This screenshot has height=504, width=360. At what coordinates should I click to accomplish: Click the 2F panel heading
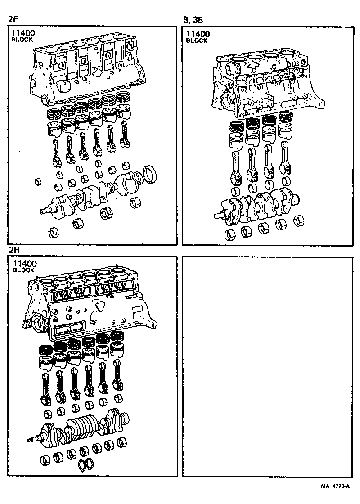(x=13, y=19)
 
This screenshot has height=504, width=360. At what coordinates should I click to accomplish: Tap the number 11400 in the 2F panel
(x=23, y=33)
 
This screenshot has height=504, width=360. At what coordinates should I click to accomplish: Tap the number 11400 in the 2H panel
(x=25, y=264)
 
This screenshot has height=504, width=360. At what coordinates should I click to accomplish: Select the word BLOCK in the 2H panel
(x=23, y=271)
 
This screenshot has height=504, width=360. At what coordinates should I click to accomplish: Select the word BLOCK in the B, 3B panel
(x=197, y=40)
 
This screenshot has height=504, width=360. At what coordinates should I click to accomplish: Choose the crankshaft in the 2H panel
(x=81, y=425)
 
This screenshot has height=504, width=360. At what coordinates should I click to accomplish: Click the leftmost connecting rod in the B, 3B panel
(x=237, y=166)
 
